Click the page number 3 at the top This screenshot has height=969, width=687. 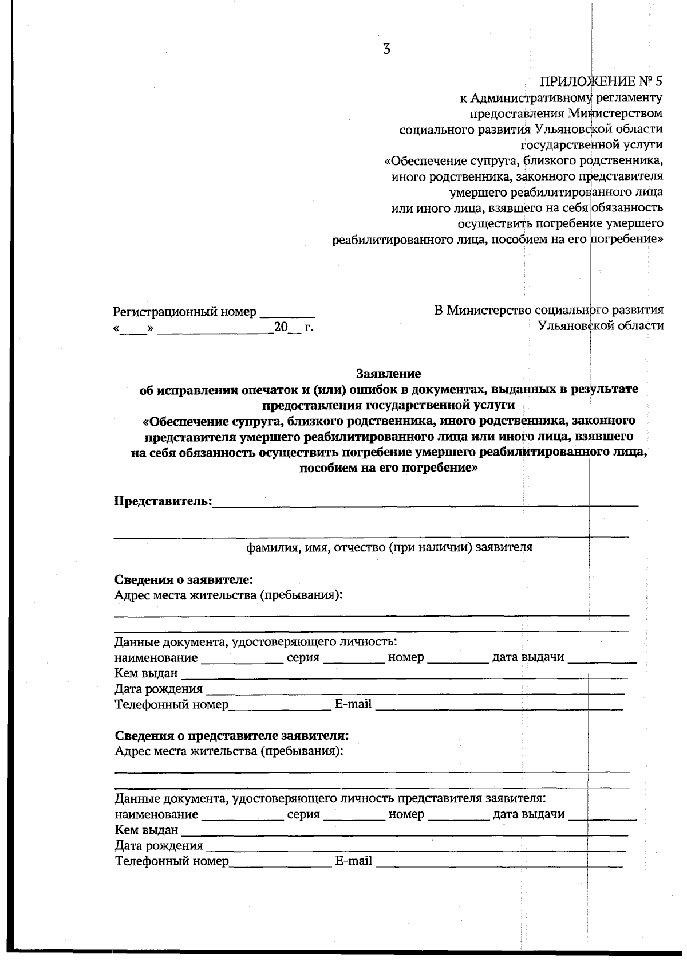point(386,49)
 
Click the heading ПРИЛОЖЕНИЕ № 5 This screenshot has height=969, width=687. point(601,81)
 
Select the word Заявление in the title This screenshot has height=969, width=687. point(388,374)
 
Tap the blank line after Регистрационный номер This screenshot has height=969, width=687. point(287,314)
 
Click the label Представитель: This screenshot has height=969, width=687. point(163,501)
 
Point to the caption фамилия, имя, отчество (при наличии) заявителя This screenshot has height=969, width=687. point(389,547)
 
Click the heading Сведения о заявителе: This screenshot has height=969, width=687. point(184,579)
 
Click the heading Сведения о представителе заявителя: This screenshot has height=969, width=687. point(231,735)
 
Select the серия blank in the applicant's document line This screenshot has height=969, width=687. point(354,660)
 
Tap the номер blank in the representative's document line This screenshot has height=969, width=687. point(459,817)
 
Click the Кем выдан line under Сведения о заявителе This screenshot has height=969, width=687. point(404,676)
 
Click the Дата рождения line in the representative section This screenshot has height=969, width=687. point(415,848)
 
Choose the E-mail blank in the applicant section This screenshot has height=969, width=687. point(498,707)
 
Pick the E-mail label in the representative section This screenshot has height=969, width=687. point(353,861)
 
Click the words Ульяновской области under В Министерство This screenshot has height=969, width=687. point(601,326)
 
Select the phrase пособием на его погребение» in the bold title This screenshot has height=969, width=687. point(389,468)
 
